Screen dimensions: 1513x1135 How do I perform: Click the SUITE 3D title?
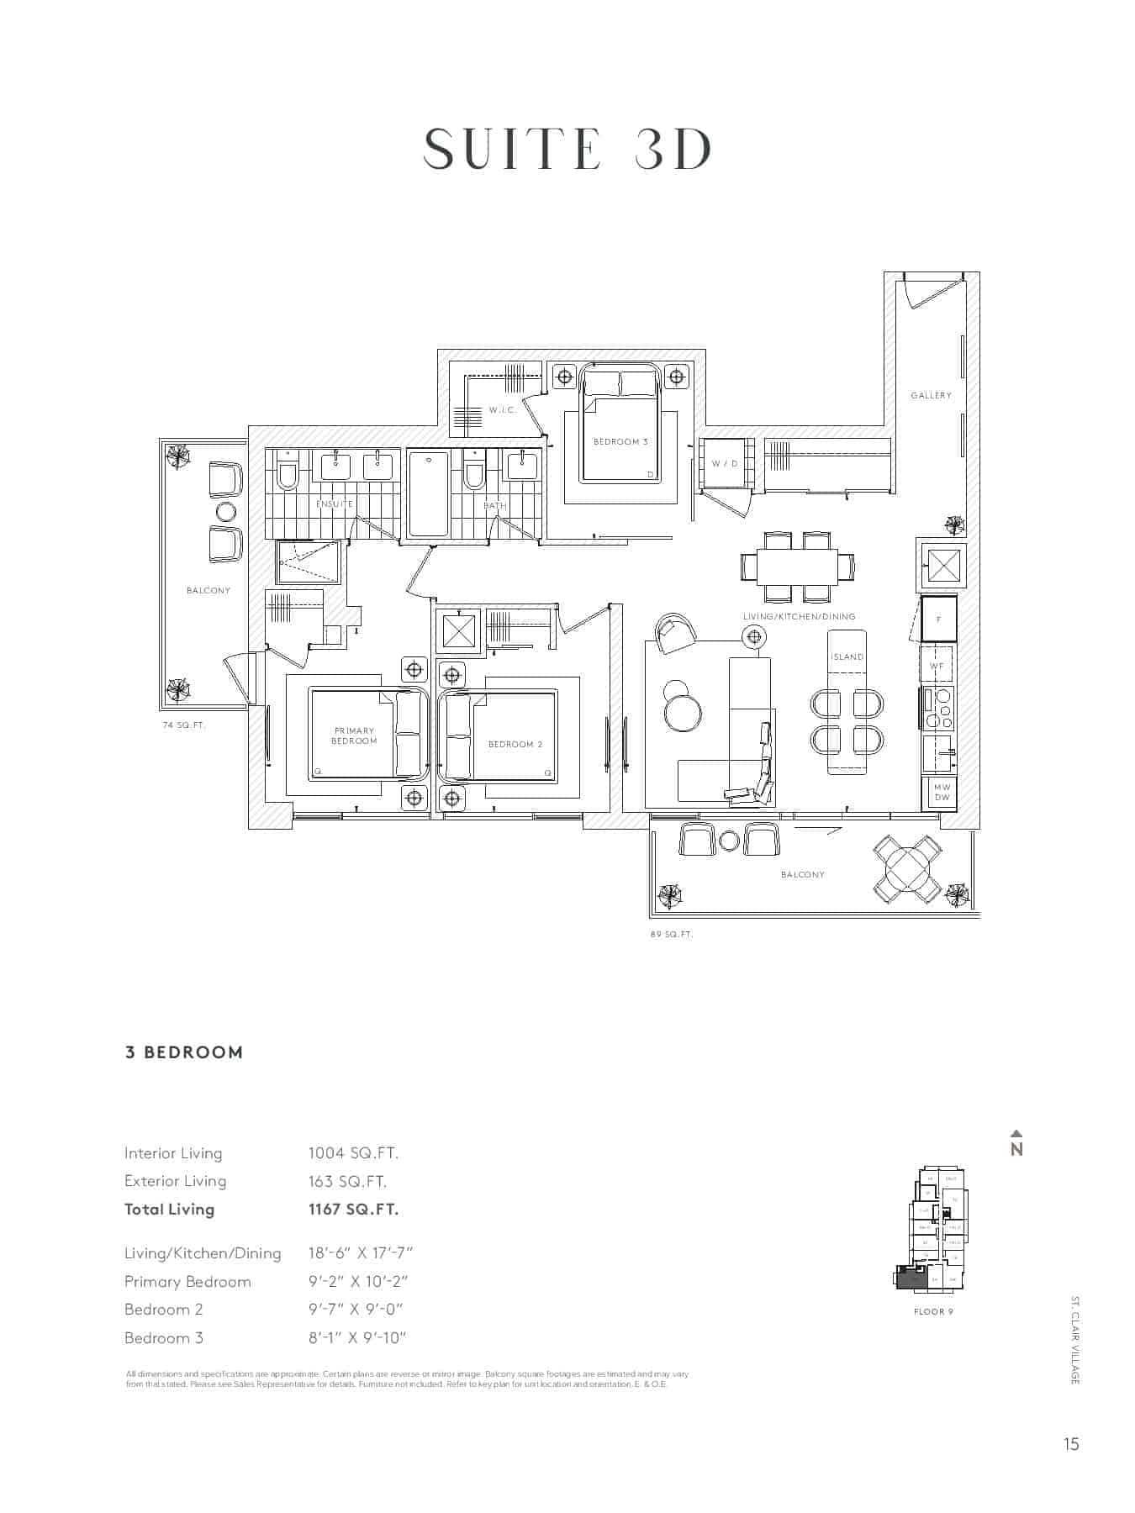tap(567, 150)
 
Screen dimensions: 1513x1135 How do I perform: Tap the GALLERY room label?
tap(931, 395)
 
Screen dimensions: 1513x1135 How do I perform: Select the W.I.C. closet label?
tap(502, 410)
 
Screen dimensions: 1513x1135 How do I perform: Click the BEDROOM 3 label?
tap(620, 441)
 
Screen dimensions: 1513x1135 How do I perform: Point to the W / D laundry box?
tap(725, 463)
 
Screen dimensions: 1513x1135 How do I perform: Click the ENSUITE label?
tap(335, 503)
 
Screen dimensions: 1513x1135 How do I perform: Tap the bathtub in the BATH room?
tap(428, 493)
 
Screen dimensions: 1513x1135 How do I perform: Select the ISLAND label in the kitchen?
tap(847, 656)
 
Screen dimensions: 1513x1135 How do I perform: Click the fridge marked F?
tap(938, 619)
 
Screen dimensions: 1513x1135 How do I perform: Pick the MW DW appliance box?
tap(942, 792)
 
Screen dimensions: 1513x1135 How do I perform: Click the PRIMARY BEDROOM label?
tap(354, 735)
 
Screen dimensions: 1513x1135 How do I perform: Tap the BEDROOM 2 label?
tap(515, 744)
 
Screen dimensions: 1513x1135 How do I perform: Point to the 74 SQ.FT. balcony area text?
tap(184, 725)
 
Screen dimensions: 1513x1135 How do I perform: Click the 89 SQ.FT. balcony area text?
tap(671, 934)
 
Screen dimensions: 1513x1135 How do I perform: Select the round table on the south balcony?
tap(907, 869)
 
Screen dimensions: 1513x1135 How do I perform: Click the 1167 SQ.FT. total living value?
tap(353, 1210)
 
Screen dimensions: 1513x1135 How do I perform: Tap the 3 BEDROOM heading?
tap(184, 1052)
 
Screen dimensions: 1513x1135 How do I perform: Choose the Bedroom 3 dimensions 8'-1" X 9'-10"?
tap(356, 1338)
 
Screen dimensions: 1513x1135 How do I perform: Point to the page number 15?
tap(1070, 1444)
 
